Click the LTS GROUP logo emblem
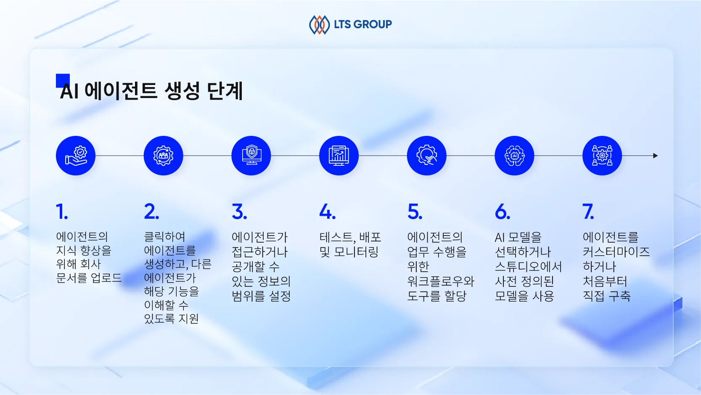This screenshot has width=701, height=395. click(319, 25)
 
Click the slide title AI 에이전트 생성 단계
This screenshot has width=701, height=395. click(151, 91)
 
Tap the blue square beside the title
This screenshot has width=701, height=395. click(63, 80)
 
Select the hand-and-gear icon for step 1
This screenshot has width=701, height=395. click(76, 156)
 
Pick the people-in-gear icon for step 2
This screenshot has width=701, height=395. click(164, 156)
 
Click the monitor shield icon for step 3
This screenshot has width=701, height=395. click(251, 156)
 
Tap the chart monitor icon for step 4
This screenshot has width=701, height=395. click(339, 156)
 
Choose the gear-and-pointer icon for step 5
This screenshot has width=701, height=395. click(427, 156)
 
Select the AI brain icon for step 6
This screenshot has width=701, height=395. click(515, 156)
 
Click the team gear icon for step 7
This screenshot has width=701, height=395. click(602, 156)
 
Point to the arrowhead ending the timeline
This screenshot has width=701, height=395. click(655, 156)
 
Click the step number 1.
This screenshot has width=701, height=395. click(61, 212)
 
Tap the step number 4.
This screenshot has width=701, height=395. click(327, 212)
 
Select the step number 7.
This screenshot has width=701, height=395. click(588, 212)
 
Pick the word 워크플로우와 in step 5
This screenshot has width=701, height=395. click(441, 281)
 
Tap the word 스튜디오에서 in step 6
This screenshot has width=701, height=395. click(528, 267)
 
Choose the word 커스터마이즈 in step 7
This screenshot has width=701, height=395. click(616, 252)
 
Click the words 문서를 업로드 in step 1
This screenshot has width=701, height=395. click(89, 278)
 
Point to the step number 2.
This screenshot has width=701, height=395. click(151, 212)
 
